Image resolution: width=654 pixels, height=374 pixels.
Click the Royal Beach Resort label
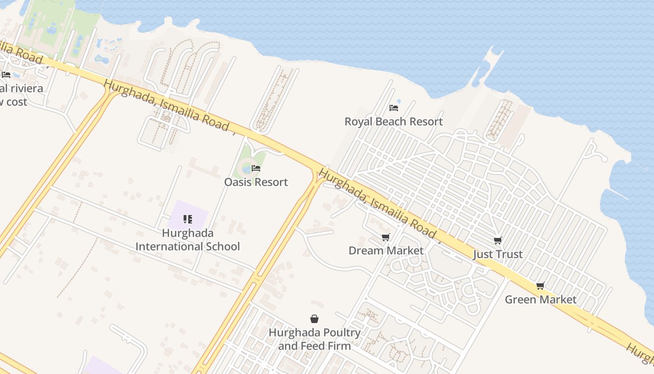point(393,122)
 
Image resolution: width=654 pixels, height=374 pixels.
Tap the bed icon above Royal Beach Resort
point(394,108)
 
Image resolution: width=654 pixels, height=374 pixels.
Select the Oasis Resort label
point(256,182)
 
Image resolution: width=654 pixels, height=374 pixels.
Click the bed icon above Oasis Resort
point(256,168)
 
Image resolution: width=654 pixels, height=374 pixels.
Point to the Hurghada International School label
point(187,240)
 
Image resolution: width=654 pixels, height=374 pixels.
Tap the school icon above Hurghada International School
point(188,219)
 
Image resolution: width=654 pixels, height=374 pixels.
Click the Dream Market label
point(386,251)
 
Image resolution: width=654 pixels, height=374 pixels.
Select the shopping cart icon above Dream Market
point(385,237)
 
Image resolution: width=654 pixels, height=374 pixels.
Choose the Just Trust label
point(498,254)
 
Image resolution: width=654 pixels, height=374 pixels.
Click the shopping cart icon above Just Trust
point(498,241)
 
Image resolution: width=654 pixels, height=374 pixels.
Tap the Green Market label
point(540,299)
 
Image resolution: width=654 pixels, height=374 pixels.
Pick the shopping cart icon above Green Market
point(540,286)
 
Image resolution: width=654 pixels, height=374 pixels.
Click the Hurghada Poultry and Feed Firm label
point(314,339)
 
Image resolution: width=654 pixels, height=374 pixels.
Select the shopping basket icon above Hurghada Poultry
point(314,319)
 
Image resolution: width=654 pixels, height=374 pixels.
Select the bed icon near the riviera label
point(6,75)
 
